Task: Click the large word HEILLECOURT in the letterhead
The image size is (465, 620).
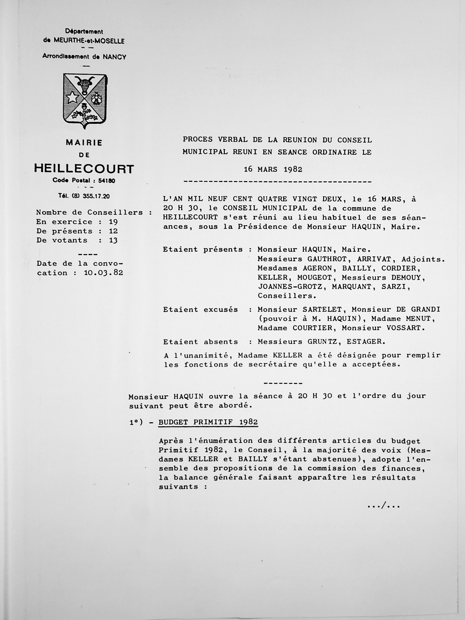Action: [84, 169]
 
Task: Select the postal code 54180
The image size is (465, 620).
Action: [107, 181]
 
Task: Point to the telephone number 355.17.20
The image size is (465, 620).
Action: [96, 196]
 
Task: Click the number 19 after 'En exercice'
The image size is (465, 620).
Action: [113, 222]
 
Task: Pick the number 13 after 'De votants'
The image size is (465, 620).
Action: [113, 240]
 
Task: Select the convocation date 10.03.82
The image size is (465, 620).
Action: [103, 273]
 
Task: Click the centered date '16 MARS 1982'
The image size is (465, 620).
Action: [273, 169]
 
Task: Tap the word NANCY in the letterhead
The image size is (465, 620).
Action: [114, 57]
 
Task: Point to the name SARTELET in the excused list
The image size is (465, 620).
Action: [322, 309]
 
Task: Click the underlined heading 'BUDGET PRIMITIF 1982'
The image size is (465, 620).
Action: [208, 423]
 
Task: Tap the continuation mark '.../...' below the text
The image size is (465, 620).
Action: [383, 506]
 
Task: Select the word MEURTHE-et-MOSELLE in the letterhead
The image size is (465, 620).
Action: [89, 41]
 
